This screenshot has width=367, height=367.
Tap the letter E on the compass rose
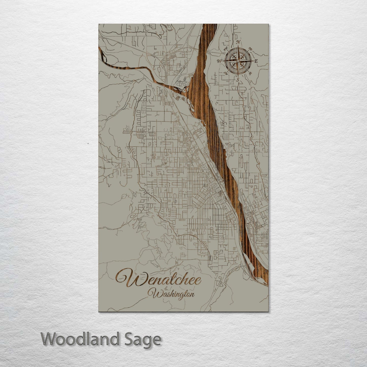point(256,61)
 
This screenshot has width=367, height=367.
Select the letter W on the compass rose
point(220,61)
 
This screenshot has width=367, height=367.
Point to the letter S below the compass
point(238,80)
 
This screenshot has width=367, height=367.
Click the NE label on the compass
point(250,49)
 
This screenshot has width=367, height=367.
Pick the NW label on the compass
point(225,49)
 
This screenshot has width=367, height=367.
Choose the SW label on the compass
point(225,73)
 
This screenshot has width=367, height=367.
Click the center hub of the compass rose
point(238,61)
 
